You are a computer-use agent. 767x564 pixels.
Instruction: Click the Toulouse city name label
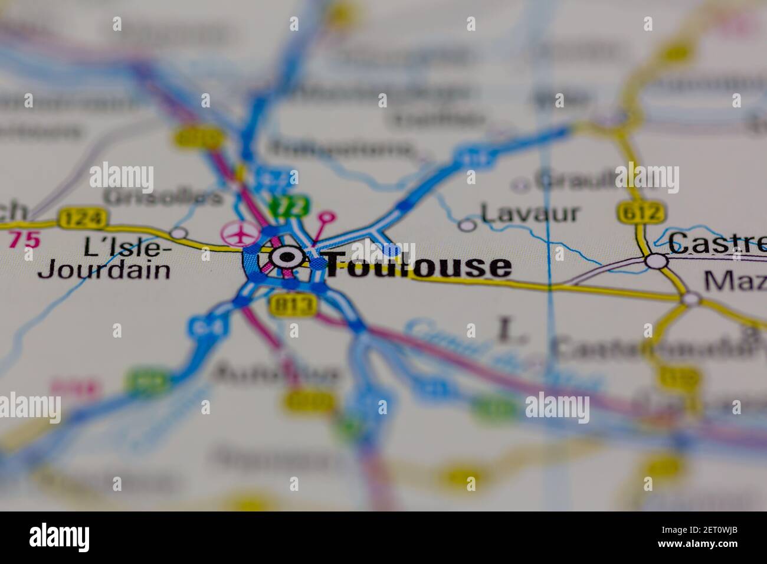[x=418, y=265]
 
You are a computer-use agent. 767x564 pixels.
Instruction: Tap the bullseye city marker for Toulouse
[x=286, y=257]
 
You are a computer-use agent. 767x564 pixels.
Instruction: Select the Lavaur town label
[x=529, y=214]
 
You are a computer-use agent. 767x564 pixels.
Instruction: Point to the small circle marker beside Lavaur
[x=467, y=225]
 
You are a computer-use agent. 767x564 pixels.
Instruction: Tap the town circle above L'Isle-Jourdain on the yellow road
[x=178, y=232]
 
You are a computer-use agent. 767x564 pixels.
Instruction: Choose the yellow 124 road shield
[x=83, y=218]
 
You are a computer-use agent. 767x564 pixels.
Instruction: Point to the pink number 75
[x=24, y=240]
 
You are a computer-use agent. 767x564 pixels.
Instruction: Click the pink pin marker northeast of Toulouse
[x=326, y=218]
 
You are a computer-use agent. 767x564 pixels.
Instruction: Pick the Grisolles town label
[x=163, y=197]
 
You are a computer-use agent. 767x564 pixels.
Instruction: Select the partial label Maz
[x=735, y=281]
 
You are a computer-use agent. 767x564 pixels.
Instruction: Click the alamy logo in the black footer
[x=60, y=537]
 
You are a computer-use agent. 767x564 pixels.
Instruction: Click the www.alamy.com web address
[x=710, y=546]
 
